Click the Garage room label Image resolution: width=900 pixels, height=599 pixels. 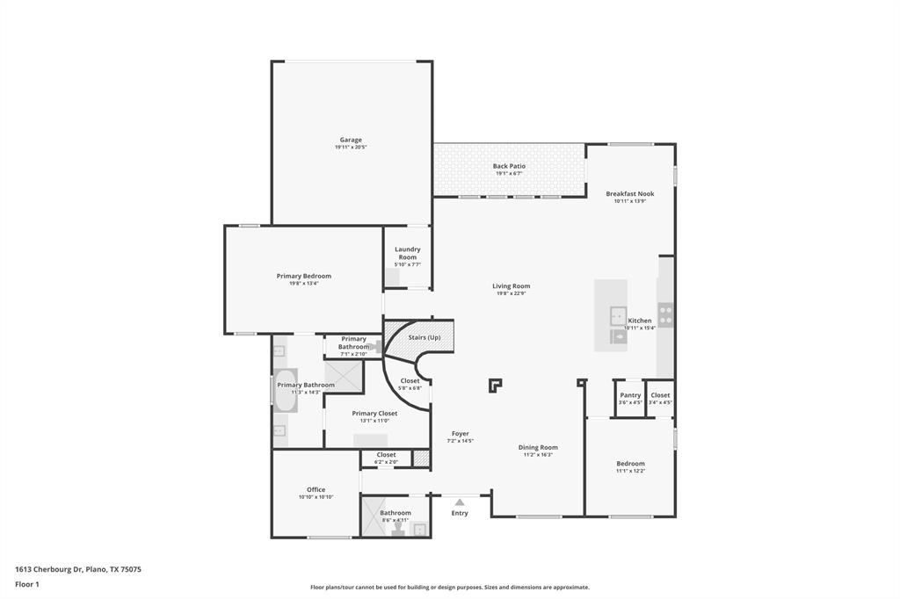[x=351, y=140]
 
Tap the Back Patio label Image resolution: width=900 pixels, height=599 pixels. [x=509, y=166]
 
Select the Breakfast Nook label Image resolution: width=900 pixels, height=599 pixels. [x=629, y=193]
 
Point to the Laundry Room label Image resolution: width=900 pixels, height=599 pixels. [x=407, y=253]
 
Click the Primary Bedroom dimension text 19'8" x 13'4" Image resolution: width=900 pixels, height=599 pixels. [x=303, y=284]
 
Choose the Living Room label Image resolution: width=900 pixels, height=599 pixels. [x=511, y=285]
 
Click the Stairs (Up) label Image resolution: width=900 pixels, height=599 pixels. [x=424, y=337]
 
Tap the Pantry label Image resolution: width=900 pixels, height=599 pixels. [x=630, y=395]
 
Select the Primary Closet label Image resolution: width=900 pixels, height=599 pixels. [x=374, y=413]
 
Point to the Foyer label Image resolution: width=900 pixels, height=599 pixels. [x=460, y=433]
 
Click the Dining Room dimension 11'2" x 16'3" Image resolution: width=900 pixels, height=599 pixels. [x=537, y=455]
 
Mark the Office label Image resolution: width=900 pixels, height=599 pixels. [x=316, y=489]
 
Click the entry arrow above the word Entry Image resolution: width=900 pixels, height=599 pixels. [x=460, y=502]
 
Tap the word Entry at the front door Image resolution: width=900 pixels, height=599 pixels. [x=460, y=513]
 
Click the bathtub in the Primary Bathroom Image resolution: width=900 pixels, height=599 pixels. [x=287, y=395]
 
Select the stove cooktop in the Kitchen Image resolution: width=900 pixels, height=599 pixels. [x=666, y=314]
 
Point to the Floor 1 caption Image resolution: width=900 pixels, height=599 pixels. [x=27, y=584]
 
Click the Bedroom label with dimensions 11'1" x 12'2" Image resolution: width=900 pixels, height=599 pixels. [x=630, y=464]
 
